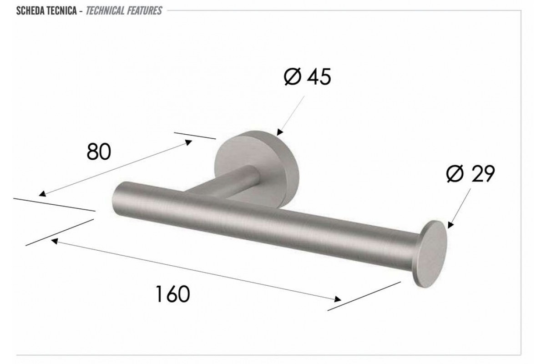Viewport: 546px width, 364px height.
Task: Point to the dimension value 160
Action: coord(172,294)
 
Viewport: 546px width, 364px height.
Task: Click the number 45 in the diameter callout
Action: coord(319,76)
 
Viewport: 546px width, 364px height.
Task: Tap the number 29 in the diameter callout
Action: coord(483,174)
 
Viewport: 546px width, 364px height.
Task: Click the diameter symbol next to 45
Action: coord(292,76)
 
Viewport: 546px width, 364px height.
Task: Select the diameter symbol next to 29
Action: coord(455,174)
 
